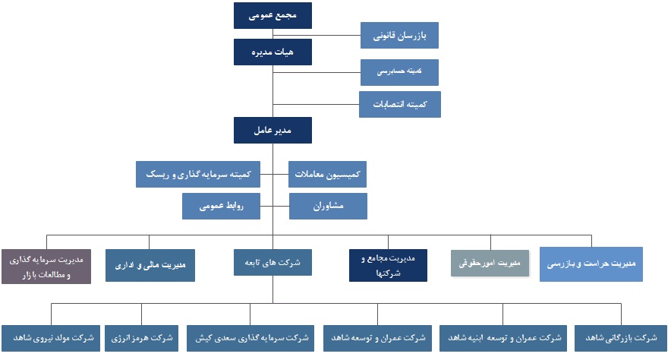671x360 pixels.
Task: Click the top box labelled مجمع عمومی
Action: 272,15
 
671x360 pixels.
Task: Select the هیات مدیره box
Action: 272,52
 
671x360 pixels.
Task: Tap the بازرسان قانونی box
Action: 399,35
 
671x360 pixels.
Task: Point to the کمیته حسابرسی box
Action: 399,72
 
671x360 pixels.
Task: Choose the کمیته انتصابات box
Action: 400,104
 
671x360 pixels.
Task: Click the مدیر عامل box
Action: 272,130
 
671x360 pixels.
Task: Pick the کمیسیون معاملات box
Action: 327,174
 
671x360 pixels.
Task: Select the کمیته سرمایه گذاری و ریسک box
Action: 198,174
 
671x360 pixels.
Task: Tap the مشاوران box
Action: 328,206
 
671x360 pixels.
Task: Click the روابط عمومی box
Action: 221,206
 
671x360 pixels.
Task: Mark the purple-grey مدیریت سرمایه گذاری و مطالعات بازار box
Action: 46,267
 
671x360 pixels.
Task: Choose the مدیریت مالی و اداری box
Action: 150,265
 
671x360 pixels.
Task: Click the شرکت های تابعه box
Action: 272,262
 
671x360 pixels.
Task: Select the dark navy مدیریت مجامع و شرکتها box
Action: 388,265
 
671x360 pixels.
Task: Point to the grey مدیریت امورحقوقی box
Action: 490,264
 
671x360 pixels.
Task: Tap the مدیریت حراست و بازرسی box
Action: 591,264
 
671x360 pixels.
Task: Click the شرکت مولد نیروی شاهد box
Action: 51,338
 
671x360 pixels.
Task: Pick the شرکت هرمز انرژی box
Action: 142,338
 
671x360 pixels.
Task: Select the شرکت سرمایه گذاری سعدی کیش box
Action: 250,338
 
